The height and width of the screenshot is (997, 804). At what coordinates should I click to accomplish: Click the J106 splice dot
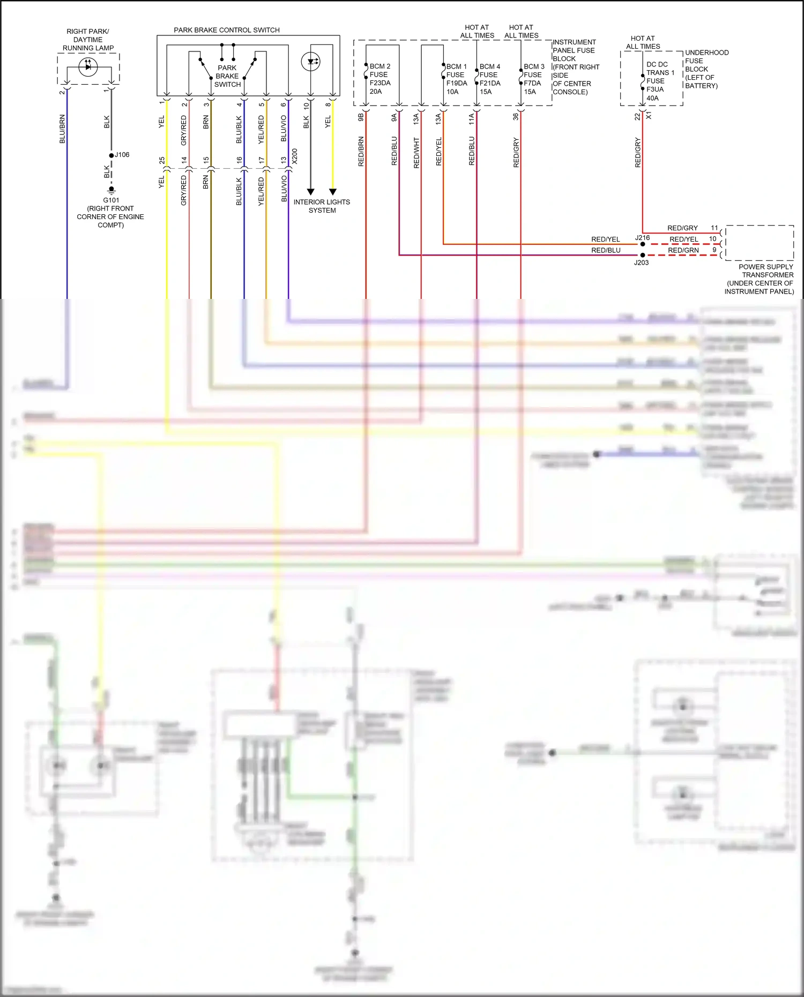coord(111,155)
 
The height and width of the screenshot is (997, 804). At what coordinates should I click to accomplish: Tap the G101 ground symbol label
coord(111,200)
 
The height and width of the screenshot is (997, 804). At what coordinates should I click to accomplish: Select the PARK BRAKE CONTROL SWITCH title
coord(226,30)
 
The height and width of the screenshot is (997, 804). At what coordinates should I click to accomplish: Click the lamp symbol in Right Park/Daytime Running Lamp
coord(88,66)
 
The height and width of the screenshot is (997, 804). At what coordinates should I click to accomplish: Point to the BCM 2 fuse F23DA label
coord(379,79)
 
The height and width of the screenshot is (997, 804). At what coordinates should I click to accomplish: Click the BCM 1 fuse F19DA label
coord(456,79)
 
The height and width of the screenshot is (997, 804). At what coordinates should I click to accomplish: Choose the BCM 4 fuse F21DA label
coord(489,79)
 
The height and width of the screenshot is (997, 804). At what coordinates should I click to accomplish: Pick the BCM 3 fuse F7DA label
coord(533,79)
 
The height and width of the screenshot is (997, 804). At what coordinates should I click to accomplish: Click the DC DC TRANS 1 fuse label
coord(659,81)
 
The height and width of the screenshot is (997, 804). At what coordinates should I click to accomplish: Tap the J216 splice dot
coord(643,244)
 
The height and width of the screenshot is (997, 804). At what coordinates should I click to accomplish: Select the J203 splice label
coord(641,263)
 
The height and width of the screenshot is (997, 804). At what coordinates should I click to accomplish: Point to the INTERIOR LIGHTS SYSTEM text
coord(322,206)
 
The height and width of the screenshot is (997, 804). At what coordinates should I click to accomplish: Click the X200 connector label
coord(295,156)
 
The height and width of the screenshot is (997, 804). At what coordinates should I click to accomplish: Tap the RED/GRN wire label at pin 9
coord(683,250)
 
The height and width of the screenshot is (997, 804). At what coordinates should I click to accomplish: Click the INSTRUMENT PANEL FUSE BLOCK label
coord(575,67)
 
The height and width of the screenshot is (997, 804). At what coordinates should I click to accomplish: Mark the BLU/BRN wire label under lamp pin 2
coord(62,129)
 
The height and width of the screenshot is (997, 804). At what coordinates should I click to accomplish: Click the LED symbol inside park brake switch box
coord(311,62)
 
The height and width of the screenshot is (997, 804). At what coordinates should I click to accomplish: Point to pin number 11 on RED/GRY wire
coord(714,228)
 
